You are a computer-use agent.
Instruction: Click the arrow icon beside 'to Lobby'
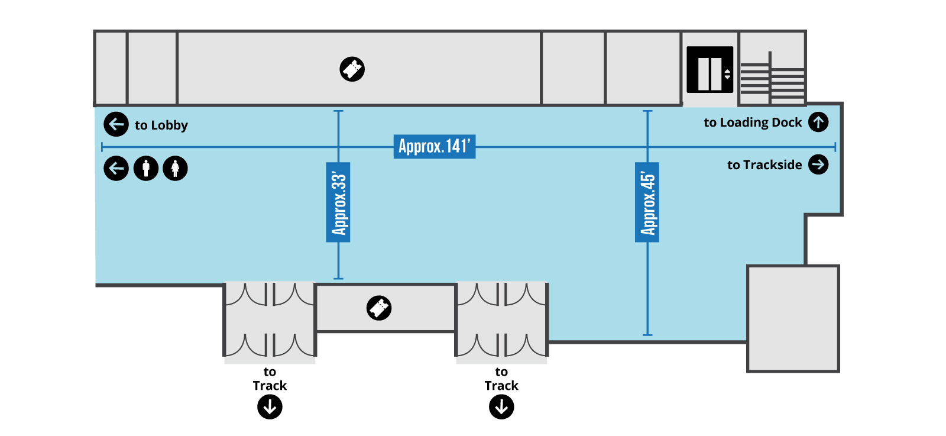116,124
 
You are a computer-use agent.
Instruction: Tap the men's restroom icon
146,168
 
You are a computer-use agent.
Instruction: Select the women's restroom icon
175,168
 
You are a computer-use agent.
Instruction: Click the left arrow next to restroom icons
116,168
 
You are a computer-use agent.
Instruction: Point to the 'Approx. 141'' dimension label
435,147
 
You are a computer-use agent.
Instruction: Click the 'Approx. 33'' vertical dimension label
338,202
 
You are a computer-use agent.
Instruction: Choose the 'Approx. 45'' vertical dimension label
647,202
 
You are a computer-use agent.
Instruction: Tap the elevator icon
710,69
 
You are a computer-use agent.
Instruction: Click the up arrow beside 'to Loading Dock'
818,122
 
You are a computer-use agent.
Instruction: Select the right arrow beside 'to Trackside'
818,164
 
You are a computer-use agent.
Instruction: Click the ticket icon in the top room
352,69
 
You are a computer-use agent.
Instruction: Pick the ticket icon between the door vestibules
379,308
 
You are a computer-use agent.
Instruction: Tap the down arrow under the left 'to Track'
270,407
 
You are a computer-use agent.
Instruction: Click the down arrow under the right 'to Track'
501,407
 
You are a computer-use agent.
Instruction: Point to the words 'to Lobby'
161,125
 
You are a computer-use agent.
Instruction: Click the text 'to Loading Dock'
753,122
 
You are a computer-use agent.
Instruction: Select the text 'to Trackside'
764,165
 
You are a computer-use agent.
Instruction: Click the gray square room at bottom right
793,318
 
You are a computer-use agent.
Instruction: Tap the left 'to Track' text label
270,379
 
